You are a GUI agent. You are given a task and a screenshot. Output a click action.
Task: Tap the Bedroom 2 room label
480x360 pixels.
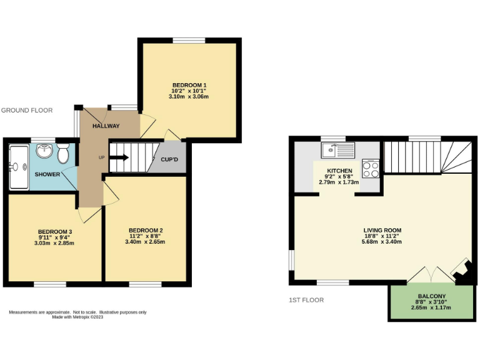[145, 228]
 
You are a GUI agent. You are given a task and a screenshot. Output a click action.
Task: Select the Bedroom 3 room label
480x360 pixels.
[56, 231]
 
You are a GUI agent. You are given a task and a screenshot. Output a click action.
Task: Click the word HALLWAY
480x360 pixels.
[106, 126]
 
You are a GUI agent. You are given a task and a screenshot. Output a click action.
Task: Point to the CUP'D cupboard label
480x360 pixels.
[169, 159]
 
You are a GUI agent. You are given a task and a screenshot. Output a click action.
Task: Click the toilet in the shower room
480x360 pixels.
[63, 153]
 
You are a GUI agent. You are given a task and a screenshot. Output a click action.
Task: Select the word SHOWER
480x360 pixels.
[47, 174]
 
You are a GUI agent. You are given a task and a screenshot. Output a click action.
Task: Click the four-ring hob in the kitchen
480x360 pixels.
[371, 169]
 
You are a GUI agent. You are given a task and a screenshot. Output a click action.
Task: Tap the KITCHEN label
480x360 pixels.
[339, 171]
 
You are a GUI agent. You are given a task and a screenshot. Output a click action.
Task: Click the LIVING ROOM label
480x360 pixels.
[382, 230]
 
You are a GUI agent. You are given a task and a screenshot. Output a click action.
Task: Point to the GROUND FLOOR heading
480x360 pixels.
[27, 111]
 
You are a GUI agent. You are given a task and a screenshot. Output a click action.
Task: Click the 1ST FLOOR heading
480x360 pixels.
[306, 300]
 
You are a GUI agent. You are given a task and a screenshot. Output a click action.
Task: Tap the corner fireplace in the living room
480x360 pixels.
[462, 272]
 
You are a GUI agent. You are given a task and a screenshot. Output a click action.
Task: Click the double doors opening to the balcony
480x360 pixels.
[429, 275]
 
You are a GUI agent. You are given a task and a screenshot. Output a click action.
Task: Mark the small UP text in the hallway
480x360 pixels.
[101, 157]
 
